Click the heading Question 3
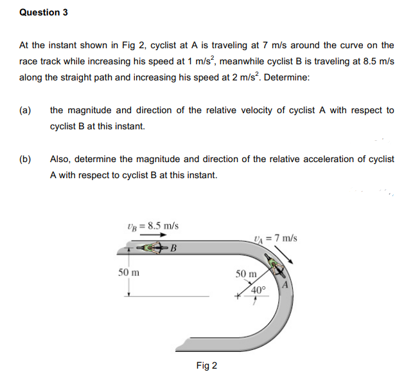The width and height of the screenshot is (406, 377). (44, 12)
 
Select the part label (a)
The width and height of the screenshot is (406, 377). (26, 110)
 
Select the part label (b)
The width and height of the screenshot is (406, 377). (26, 159)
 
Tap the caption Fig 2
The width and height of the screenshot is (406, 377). (207, 366)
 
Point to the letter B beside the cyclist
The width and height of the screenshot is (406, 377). (173, 250)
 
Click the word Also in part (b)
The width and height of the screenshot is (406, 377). (60, 159)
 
